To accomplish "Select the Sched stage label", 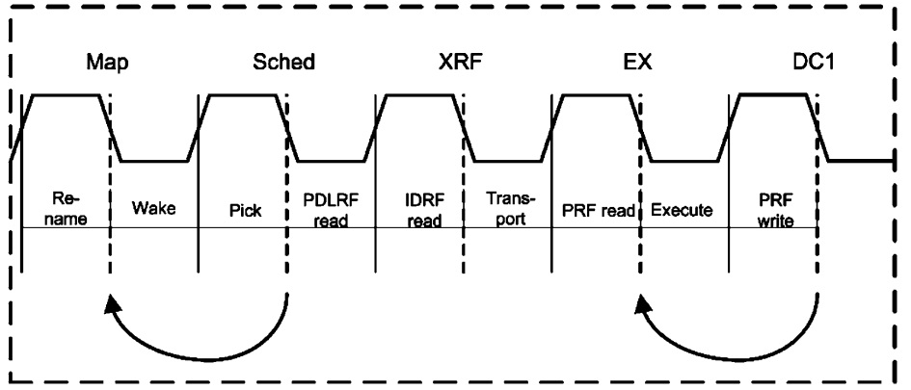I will point(286,64).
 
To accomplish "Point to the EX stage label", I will point(638,64).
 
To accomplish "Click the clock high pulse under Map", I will point(67,94).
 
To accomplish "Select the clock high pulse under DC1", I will point(772,94).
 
